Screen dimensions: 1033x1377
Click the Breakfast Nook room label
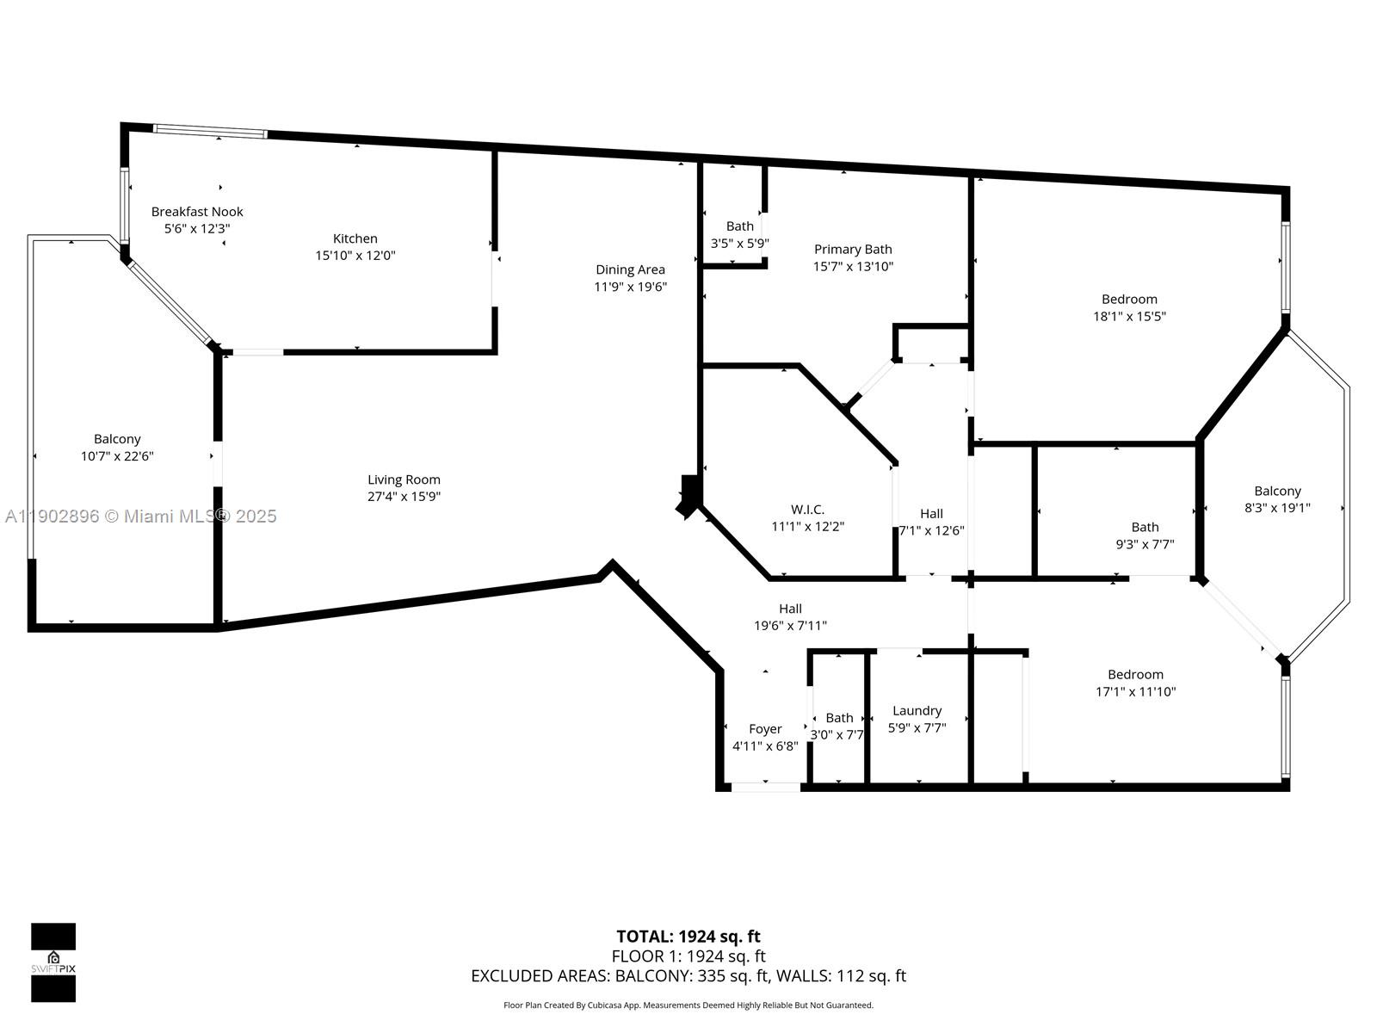tap(197, 212)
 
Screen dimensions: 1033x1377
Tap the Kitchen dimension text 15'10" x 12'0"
tap(355, 256)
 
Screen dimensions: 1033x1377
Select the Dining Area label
tap(630, 269)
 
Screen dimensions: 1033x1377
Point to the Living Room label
tap(404, 480)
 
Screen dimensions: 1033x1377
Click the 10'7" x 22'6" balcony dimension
tap(117, 456)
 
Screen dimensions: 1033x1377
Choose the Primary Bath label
tap(853, 250)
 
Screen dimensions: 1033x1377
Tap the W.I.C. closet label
tap(807, 510)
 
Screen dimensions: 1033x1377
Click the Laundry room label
tap(917, 711)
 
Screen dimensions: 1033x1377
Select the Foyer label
tap(765, 729)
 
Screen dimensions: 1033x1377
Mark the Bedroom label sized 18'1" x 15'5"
tap(1129, 300)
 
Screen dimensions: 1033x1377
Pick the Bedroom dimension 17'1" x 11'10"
tap(1135, 691)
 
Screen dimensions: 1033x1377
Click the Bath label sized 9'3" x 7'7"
tap(1145, 527)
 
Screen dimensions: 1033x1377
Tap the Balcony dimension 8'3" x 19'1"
tap(1277, 508)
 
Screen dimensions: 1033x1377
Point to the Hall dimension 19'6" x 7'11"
tap(790, 626)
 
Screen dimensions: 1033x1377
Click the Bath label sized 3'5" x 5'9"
tap(739, 226)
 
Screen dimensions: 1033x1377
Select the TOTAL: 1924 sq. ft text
tap(688, 937)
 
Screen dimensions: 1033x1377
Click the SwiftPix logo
tap(53, 962)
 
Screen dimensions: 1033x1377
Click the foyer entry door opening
tap(765, 786)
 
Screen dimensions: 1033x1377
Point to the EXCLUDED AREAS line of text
tap(688, 976)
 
